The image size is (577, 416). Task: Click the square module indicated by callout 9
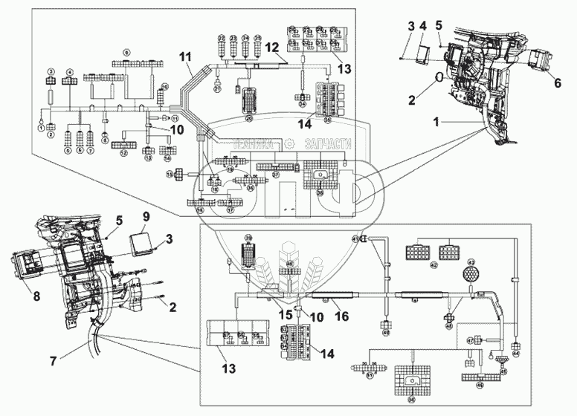[143, 241]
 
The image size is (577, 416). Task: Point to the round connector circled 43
[470, 274]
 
